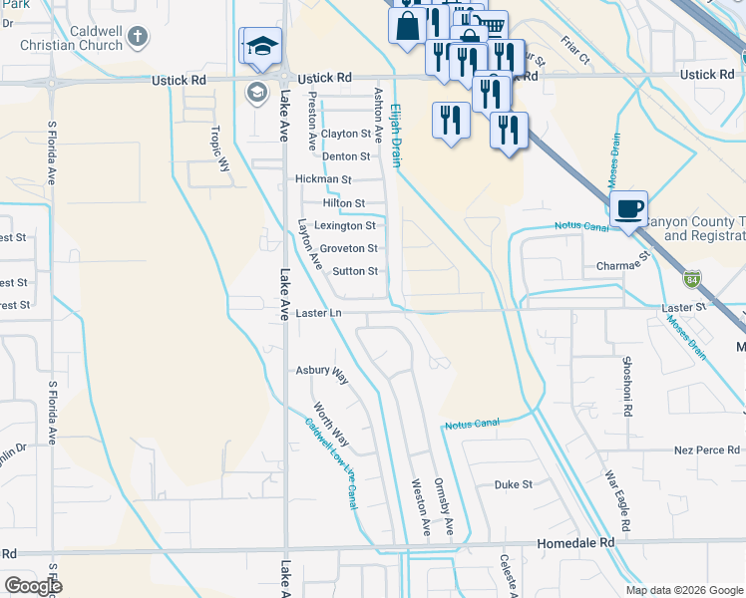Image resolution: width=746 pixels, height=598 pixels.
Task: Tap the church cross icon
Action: coord(139,36)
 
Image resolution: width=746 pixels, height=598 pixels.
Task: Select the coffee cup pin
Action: coord(628,209)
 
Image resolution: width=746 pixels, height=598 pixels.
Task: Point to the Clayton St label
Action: coord(345,134)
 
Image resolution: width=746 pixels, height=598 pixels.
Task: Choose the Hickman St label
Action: coord(324,179)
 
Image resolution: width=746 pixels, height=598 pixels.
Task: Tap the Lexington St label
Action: coord(345,226)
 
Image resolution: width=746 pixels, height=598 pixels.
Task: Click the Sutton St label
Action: coord(355,271)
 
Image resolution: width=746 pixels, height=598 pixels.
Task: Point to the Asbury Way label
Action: coord(321,373)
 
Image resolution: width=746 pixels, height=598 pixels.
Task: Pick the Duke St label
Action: coord(514,484)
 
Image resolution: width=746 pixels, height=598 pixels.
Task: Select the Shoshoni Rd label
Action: coord(627,384)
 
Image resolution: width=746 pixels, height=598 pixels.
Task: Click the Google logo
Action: coord(33,586)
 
